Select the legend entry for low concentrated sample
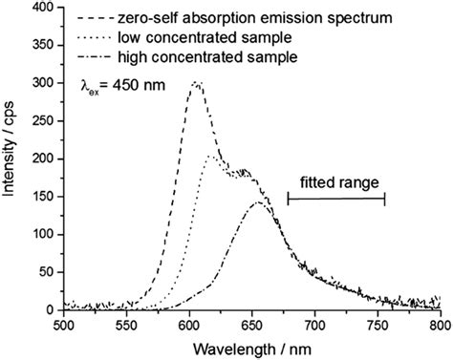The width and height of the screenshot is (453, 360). click(x=183, y=37)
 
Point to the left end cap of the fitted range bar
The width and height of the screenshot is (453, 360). click(x=288, y=199)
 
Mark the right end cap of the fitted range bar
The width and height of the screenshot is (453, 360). click(x=384, y=199)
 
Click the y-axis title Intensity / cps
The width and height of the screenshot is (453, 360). click(x=12, y=159)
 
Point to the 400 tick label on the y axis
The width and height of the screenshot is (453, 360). click(x=41, y=9)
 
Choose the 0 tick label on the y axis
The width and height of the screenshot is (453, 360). click(x=49, y=310)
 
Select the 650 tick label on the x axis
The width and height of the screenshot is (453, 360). click(x=251, y=325)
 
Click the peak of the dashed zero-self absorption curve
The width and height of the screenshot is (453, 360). click(x=196, y=83)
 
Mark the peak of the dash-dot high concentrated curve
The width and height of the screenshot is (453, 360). click(x=258, y=201)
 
